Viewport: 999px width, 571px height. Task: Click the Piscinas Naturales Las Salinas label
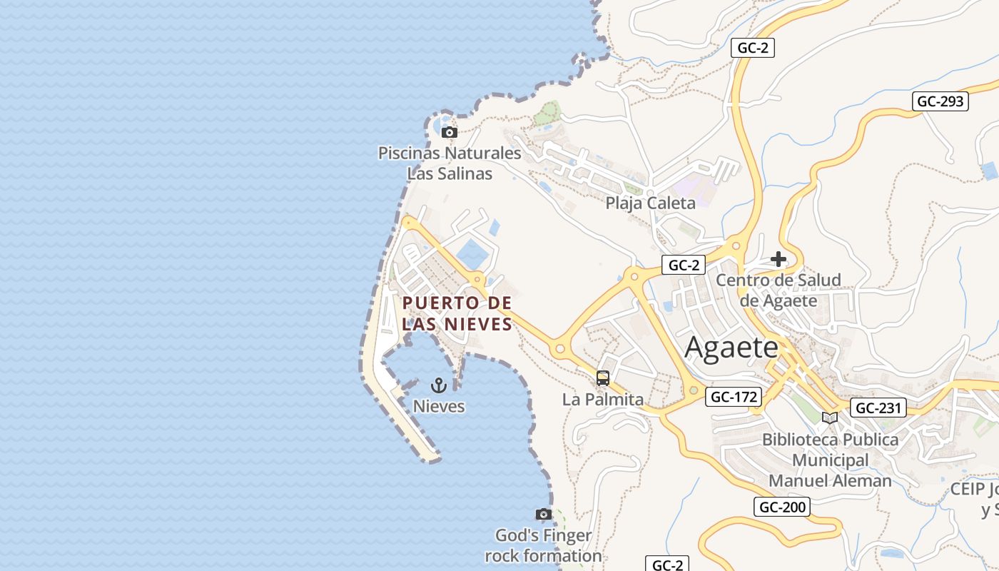(x=450, y=163)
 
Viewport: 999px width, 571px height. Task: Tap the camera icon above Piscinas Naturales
(x=449, y=132)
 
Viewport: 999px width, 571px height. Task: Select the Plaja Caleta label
(x=650, y=203)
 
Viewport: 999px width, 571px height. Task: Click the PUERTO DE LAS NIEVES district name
(x=457, y=313)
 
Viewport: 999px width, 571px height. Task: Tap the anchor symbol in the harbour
(x=439, y=385)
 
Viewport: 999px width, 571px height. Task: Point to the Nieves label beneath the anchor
(x=439, y=406)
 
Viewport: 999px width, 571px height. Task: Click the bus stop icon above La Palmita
(x=603, y=378)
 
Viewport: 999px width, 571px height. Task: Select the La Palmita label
(x=603, y=399)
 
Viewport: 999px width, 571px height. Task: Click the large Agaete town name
(x=731, y=348)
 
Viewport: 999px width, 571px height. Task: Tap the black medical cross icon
(x=779, y=259)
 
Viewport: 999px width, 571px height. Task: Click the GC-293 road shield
(x=940, y=101)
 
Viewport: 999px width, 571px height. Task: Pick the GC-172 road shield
(x=734, y=397)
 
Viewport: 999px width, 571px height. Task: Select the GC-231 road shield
(x=879, y=408)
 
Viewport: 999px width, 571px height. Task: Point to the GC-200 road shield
(x=782, y=507)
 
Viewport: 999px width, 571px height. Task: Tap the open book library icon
(x=830, y=418)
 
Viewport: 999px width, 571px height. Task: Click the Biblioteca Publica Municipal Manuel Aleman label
(x=831, y=460)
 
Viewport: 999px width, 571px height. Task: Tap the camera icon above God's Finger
(x=544, y=514)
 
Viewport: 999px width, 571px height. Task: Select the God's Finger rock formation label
(x=544, y=545)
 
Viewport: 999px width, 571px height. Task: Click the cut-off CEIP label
(x=975, y=500)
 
